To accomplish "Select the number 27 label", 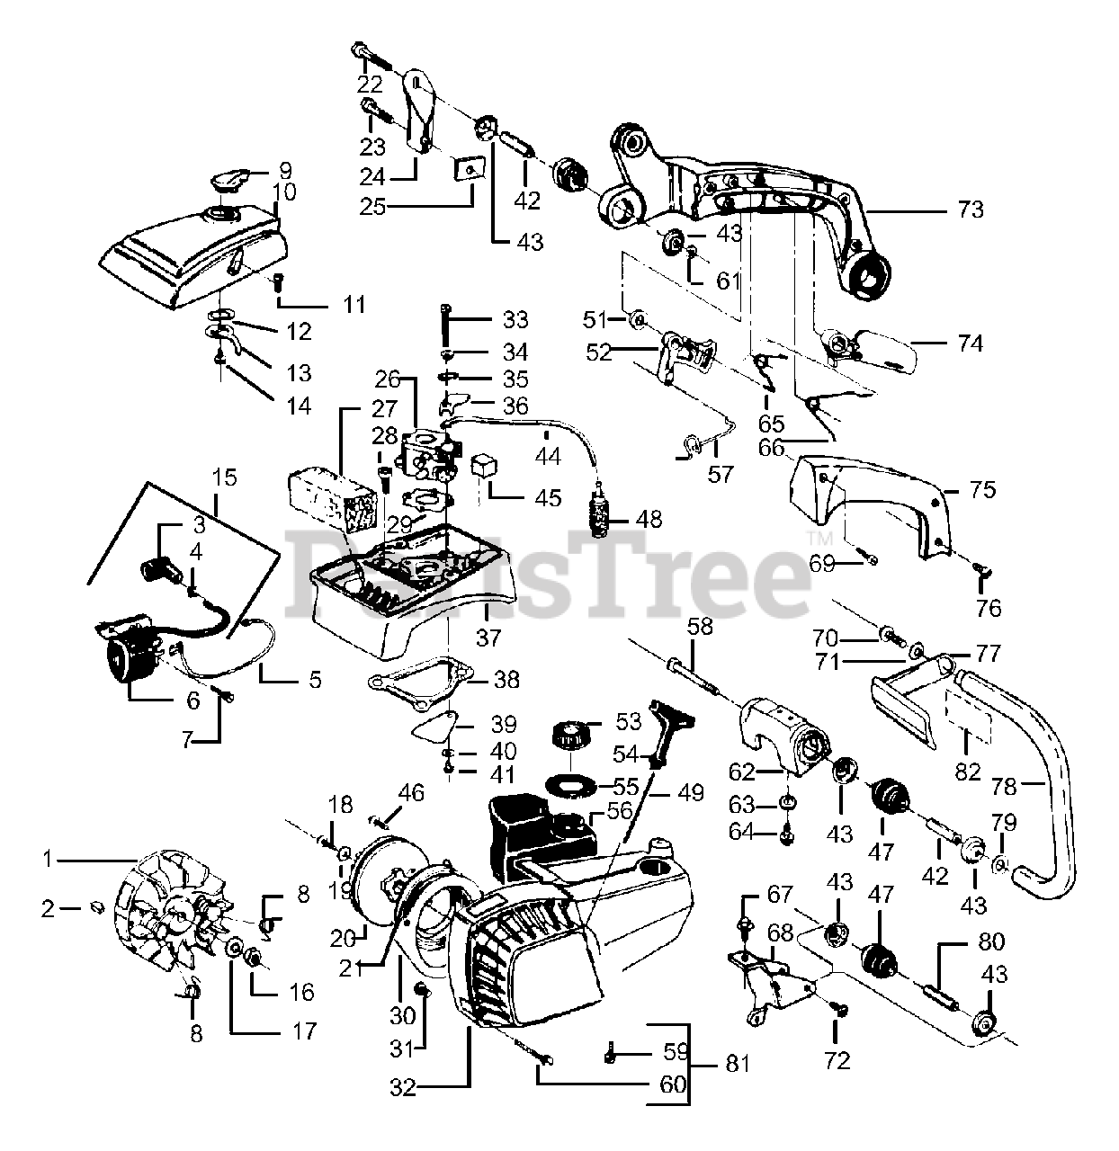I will point(384,409).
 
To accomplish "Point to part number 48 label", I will point(649,519).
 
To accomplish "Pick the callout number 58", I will point(699,626).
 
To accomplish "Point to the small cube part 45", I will point(487,468).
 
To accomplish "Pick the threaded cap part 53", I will point(568,738).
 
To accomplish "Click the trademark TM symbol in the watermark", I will point(821,538).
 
